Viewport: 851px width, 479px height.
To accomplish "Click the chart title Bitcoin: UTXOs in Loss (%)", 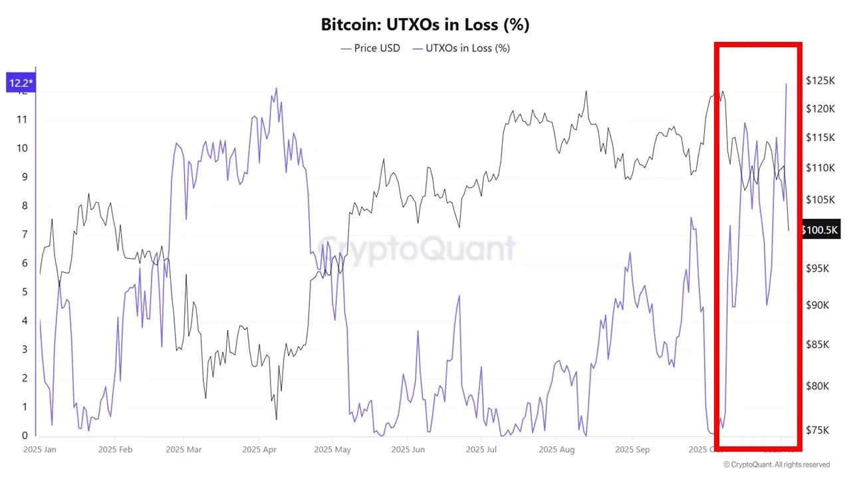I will [x=425, y=25].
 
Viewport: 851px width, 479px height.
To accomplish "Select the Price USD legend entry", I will [x=370, y=48].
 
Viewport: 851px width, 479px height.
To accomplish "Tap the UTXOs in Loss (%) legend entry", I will [x=461, y=48].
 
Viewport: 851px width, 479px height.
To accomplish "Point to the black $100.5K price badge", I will [x=820, y=230].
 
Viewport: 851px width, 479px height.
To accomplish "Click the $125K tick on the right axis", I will [x=820, y=80].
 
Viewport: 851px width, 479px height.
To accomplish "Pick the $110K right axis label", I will [x=820, y=168].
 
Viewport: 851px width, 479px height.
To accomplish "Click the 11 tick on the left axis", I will [x=22, y=120].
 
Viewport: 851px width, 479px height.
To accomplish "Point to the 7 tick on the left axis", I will [x=25, y=234].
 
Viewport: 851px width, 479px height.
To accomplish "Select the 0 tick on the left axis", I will [x=25, y=436].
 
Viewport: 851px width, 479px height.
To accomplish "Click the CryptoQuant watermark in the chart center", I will [x=415, y=248].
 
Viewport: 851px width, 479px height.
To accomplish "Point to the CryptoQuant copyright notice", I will [x=776, y=464].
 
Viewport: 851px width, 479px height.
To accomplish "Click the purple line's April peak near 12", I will [x=276, y=88].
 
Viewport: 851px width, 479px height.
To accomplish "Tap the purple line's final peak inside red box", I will [x=787, y=84].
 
